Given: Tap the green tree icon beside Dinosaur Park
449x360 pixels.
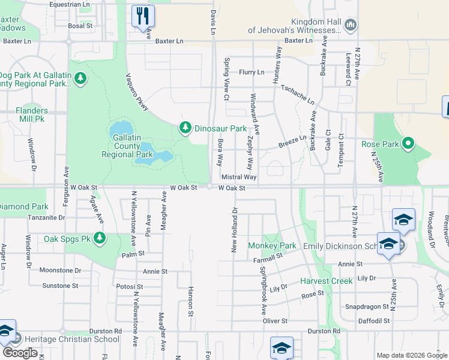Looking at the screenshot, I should (185, 128).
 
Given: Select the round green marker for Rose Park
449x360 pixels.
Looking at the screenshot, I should (408, 143).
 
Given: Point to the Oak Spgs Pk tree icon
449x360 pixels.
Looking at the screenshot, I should (99, 239).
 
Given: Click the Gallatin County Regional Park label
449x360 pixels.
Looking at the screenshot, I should (125, 146).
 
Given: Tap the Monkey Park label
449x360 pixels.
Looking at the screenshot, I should (273, 246).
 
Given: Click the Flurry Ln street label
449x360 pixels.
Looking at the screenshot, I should (252, 72).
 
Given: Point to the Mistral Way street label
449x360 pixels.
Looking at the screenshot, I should (239, 178).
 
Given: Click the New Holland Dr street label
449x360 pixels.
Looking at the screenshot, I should (235, 230).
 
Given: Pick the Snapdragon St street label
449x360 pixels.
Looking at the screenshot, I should (366, 307).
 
